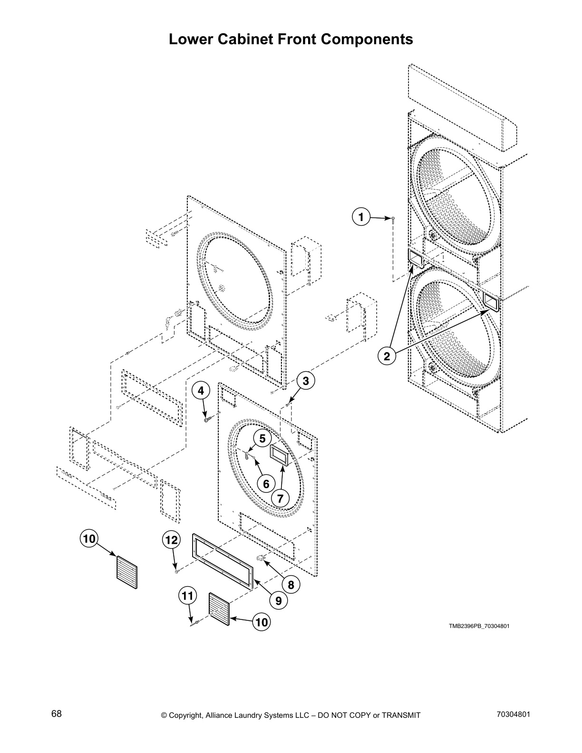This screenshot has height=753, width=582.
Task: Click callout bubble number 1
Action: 361,217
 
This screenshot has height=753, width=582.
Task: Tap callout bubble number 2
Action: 387,356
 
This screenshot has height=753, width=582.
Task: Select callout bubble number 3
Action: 305,380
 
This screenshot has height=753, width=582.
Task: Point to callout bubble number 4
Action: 201,390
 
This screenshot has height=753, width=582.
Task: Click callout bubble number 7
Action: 280,498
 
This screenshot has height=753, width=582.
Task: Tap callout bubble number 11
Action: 187,595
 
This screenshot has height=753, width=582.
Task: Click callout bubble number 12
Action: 171,540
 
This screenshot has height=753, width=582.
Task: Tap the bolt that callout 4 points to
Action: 206,419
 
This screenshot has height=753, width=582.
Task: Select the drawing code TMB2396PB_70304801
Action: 479,626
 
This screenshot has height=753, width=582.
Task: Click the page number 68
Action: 57,714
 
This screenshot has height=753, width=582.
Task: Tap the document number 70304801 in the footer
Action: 513,714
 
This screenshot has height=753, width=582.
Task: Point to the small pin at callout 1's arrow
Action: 393,219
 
